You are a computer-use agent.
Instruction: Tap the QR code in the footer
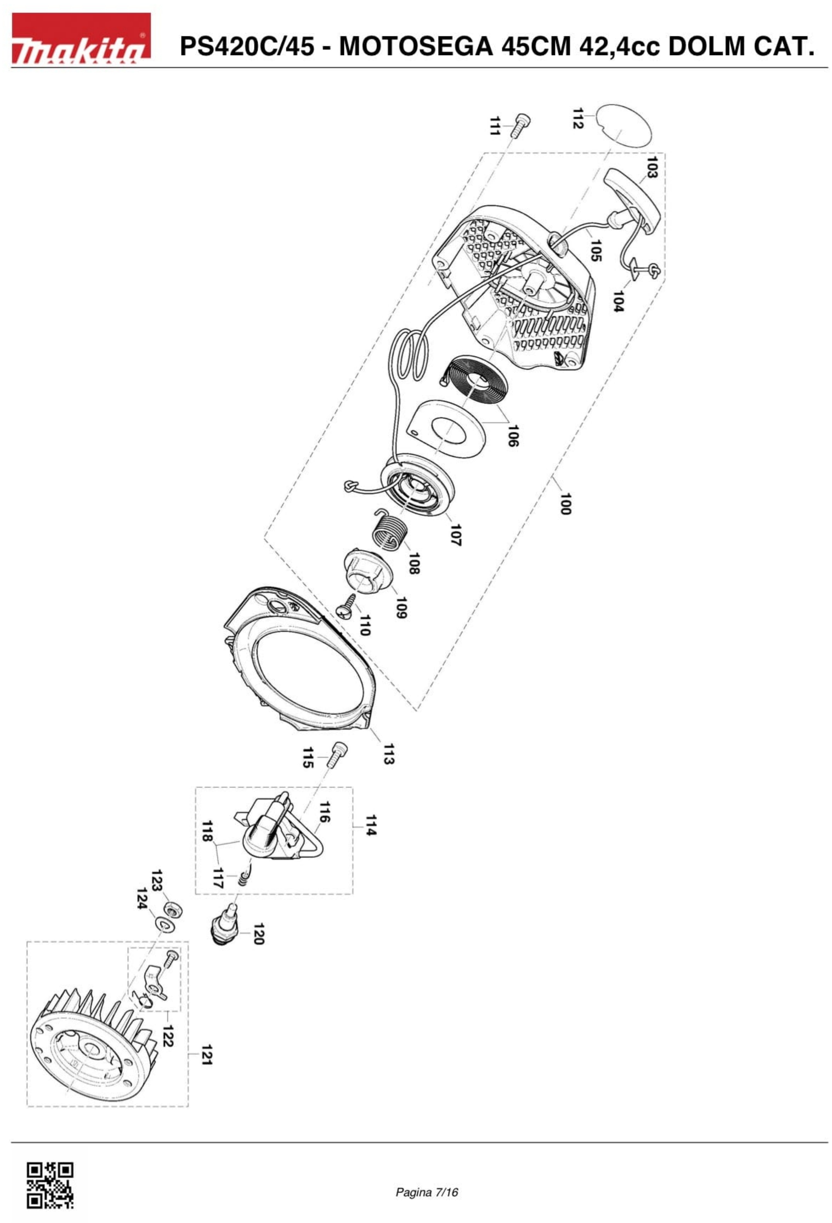[x=50, y=1185]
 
